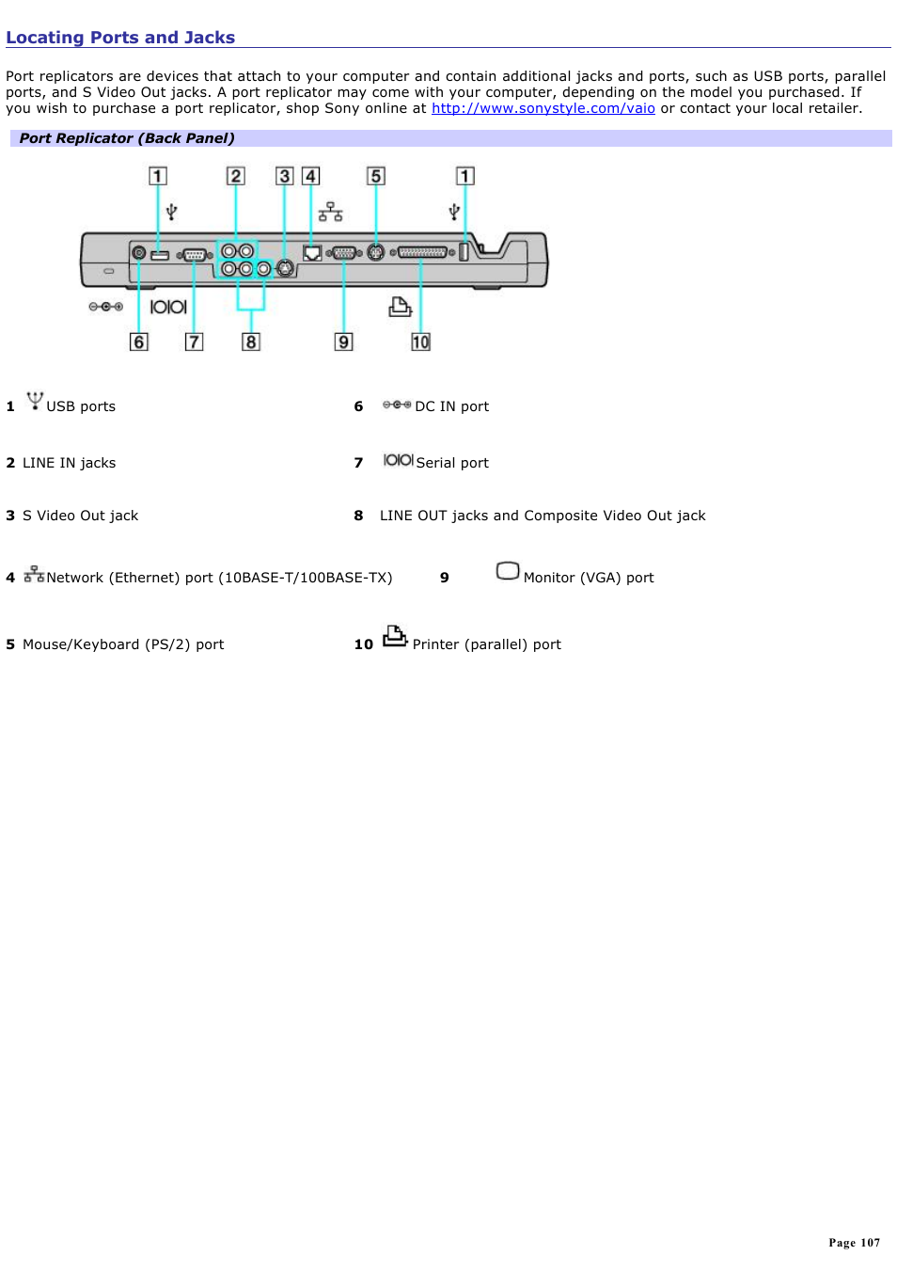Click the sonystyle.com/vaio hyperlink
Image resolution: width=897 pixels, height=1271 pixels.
543,108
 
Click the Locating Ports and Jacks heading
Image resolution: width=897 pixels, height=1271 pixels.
120,38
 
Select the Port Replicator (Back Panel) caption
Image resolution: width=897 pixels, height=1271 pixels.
127,138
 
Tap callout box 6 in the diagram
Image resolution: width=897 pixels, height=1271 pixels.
139,342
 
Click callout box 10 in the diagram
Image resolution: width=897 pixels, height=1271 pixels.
420,342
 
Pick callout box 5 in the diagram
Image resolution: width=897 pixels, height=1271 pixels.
375,176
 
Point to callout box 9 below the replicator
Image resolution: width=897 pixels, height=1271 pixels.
344,342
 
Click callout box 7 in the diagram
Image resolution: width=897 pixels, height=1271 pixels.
194,342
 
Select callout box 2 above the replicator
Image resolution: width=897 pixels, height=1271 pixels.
235,176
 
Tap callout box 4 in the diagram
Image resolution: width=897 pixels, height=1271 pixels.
310,176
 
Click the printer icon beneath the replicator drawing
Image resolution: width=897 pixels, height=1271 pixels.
400,307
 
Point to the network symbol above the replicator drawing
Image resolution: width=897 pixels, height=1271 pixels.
330,212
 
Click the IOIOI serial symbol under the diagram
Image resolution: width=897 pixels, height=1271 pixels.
168,307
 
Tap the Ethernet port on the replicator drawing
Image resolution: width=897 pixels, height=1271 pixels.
312,252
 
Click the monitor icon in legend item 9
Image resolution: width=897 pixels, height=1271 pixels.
508,571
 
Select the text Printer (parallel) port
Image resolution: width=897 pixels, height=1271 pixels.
486,644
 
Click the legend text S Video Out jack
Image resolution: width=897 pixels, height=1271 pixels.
80,516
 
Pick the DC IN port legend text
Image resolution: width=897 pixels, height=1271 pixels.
451,406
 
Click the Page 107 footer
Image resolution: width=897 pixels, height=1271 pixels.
854,1243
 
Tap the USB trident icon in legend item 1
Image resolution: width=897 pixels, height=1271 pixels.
35,401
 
